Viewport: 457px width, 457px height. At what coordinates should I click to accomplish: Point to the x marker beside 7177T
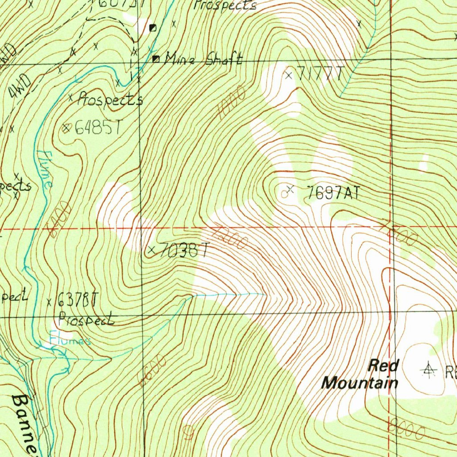289,75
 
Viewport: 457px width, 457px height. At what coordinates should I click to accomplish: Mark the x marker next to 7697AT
291,190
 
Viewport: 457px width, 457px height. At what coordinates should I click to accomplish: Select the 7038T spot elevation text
183,250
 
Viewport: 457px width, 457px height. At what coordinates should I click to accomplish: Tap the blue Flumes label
70,341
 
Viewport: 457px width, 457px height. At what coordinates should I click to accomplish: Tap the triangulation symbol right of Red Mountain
429,370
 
